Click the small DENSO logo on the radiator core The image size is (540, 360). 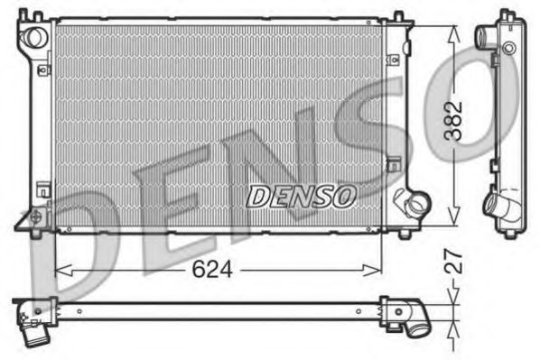point(303,194)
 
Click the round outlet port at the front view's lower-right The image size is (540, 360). point(415,204)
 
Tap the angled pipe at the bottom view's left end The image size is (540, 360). point(34,327)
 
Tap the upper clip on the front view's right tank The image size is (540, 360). point(395,60)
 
